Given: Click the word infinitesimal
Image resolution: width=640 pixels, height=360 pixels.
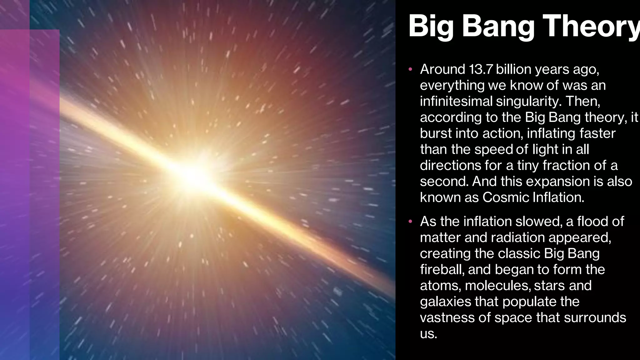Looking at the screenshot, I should tap(456, 101).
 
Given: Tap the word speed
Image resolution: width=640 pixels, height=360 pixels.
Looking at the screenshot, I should tap(493, 150).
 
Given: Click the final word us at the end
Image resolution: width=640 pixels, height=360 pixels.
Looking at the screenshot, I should tap(428, 334).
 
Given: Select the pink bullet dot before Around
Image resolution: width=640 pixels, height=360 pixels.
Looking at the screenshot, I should tap(410, 69).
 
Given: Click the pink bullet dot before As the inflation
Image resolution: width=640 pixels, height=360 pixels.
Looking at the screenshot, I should tap(410, 222).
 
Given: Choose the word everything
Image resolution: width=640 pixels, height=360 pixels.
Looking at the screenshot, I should tap(452, 86).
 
